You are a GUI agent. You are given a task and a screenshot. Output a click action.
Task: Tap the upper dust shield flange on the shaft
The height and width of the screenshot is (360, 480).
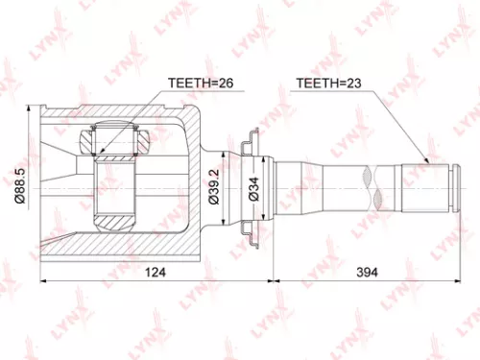tap(252, 144)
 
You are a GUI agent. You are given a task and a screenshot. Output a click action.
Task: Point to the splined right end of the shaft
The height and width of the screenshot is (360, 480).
tap(427, 187)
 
